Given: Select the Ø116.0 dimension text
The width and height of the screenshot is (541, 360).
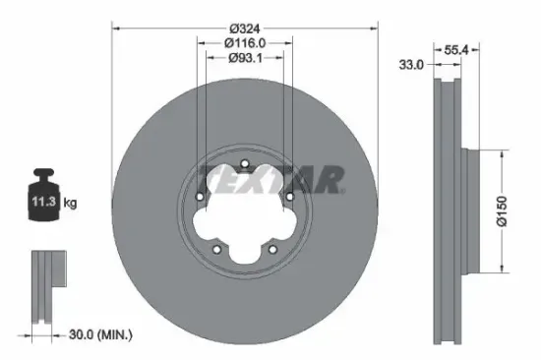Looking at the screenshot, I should coord(244,42).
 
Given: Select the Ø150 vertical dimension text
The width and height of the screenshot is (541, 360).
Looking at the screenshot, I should coord(502,210).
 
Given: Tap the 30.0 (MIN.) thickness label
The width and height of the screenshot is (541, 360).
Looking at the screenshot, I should coord(102,334).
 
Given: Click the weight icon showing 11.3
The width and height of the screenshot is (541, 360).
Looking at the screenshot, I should coord(44,201).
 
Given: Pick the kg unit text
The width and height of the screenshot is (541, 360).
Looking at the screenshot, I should coord(70,204).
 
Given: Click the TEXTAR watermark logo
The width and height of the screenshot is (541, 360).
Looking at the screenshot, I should coord(270,179).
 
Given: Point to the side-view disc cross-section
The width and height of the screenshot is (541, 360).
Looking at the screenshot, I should coord(448,211).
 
